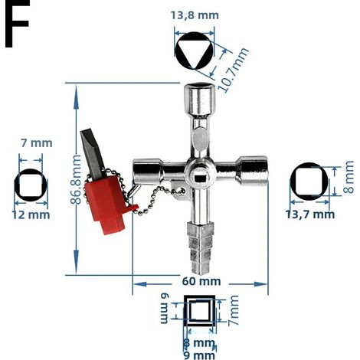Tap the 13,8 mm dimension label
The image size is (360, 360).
click(195, 15)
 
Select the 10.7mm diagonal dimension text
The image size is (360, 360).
click(232, 70)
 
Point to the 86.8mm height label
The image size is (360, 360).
click(76, 179)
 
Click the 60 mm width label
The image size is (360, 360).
click(201, 281)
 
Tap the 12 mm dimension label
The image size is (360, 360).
click(31, 215)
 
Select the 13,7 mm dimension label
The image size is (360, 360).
click(310, 214)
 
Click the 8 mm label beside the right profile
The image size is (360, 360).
click(349, 177)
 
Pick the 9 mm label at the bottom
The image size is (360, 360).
click(199, 355)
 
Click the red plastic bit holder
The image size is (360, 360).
click(109, 201)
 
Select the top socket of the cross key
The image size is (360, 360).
click(200, 100)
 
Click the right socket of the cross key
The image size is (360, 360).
click(252, 170)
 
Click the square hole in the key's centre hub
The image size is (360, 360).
click(200, 177)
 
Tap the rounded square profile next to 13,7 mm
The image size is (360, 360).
click(309, 182)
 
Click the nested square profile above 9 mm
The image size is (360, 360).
click(199, 310)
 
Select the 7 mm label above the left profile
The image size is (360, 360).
click(37, 143)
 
